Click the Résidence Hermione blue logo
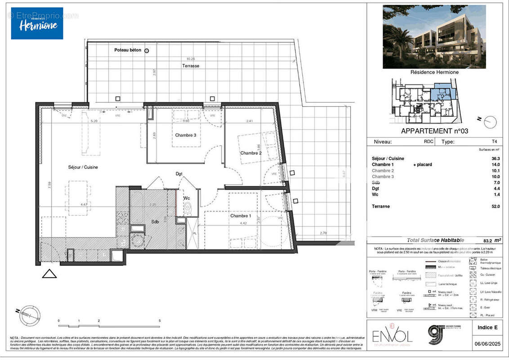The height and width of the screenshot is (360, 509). tap(37, 23)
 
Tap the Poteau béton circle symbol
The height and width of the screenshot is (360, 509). tap(146, 51)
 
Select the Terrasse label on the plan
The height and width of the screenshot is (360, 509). tap(191, 66)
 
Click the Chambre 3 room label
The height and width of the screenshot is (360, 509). tap(185, 135)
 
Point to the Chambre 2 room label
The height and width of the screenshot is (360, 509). tap(251, 153)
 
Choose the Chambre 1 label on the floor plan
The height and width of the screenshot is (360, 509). tap(241, 216)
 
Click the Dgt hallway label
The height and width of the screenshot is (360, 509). tap(179, 173)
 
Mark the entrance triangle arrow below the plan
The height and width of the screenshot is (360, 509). tap(49, 273)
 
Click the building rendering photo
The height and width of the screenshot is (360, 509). tap(434, 36)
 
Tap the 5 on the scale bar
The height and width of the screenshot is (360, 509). tap(160, 320)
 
